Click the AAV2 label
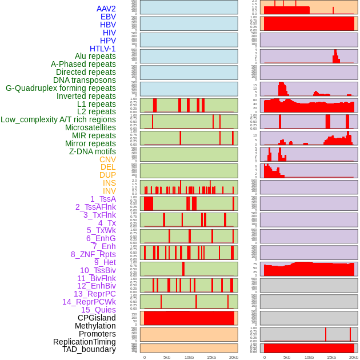pyautogui.click(x=106, y=9)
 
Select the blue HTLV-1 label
pyautogui.click(x=102, y=49)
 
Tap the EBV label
pyautogui.click(x=108, y=17)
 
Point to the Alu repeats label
pyautogui.click(x=95, y=56)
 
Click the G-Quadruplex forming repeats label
pyautogui.click(x=61, y=88)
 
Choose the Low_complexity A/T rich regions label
pyautogui.click(x=58, y=119)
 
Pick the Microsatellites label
pyautogui.click(x=90, y=127)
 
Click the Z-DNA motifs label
pyautogui.click(x=92, y=151)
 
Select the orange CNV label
pyautogui.click(x=107, y=159)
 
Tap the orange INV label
pyautogui.click(x=109, y=191)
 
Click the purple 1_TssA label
pyautogui.click(x=103, y=199)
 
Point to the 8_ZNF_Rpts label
pyautogui.click(x=93, y=254)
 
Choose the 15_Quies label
pyautogui.click(x=98, y=310)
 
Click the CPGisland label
pyautogui.click(x=97, y=318)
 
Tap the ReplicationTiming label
pyautogui.click(x=85, y=342)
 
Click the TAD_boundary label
pyautogui.click(x=89, y=349)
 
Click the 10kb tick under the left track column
pyautogui.click(x=189, y=357)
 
